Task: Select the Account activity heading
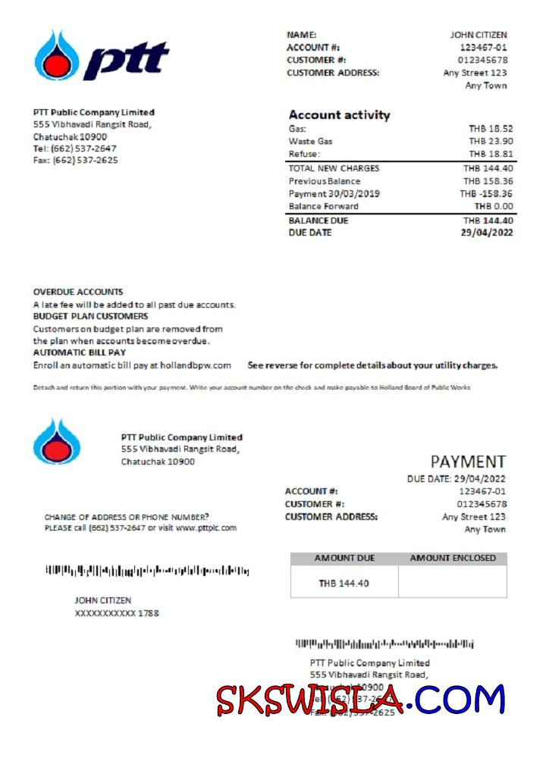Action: pos(339,115)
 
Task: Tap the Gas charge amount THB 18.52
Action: pos(491,129)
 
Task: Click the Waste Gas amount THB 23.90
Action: pos(491,141)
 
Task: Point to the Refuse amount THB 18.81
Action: pos(491,154)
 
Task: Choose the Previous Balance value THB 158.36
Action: pos(488,181)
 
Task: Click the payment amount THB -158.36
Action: pos(486,193)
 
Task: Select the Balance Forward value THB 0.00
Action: pos(494,206)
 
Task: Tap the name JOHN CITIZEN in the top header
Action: pos(479,35)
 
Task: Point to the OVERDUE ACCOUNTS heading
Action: pos(78,292)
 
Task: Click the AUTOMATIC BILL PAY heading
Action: pos(80,352)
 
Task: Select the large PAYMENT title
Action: pos(468,462)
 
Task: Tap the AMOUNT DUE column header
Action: pos(344,559)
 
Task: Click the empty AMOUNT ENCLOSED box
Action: pos(453,582)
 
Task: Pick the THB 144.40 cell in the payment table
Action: pos(344,583)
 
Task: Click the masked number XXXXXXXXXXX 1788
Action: pos(117,613)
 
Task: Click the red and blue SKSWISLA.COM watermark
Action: pos(360,699)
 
